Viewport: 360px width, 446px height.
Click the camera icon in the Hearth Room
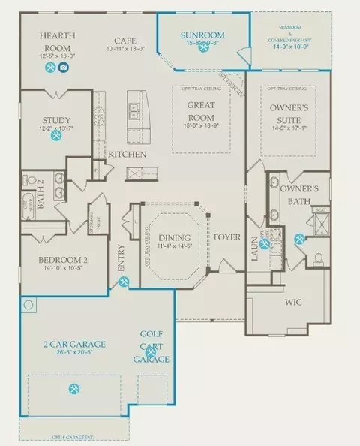point(64,67)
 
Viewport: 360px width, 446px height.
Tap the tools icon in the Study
point(56,136)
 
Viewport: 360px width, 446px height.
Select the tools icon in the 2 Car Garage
point(74,388)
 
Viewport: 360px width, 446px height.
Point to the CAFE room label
point(124,41)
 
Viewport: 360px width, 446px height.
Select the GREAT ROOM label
point(201,112)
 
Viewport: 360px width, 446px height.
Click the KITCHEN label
point(127,155)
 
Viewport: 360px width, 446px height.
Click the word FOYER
point(227,237)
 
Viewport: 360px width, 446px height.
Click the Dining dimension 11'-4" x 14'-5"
point(175,248)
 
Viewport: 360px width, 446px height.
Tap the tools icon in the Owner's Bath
point(300,240)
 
